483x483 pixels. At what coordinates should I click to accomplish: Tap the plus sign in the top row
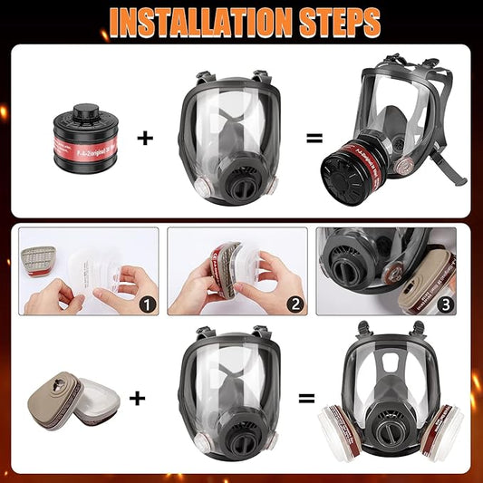click(x=145, y=139)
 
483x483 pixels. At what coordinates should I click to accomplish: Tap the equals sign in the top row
click(x=314, y=139)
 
